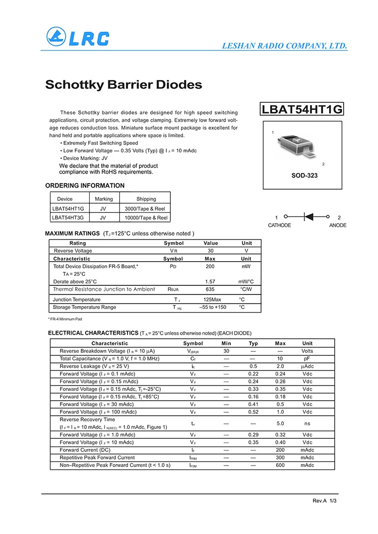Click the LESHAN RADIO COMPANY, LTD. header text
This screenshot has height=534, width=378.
(285, 46)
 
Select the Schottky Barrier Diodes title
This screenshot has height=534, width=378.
(123, 85)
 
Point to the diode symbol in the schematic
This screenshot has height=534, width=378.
(309, 216)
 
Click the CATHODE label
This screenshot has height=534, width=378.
(279, 225)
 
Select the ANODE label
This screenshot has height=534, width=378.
(338, 225)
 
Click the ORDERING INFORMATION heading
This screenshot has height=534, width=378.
(85, 185)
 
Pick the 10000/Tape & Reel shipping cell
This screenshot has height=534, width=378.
(146, 218)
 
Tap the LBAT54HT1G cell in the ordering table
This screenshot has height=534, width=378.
(68, 208)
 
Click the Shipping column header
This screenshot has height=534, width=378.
(146, 199)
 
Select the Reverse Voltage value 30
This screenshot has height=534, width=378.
(210, 251)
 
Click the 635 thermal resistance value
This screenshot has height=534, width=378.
(210, 289)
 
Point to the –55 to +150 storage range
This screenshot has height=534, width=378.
(213, 307)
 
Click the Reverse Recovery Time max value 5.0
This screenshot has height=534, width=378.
(280, 423)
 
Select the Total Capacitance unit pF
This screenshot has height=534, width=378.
(307, 358)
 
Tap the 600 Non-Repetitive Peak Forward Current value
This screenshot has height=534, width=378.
(280, 465)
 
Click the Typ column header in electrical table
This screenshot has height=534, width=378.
(253, 343)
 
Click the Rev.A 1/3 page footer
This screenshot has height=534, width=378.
(325, 501)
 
